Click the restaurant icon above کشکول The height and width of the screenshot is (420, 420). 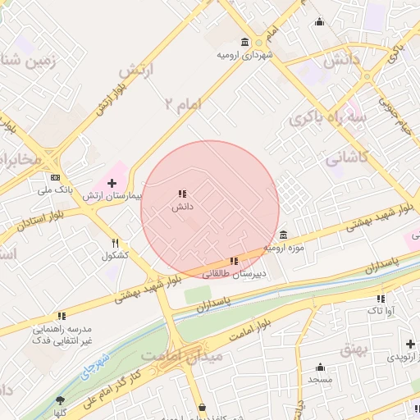pyautogui.click(x=116, y=243)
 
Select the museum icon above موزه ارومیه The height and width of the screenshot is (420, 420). pyautogui.click(x=284, y=235)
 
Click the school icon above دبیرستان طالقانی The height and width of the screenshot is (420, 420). pyautogui.click(x=235, y=261)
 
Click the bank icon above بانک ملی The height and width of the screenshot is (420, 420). pyautogui.click(x=55, y=177)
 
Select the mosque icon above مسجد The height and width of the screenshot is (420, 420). pyautogui.click(x=320, y=367)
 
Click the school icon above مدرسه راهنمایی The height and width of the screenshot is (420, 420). pyautogui.click(x=62, y=316)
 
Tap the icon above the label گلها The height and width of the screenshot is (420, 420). pyautogui.click(x=60, y=402)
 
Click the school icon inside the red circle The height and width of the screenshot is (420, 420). pyautogui.click(x=181, y=194)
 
